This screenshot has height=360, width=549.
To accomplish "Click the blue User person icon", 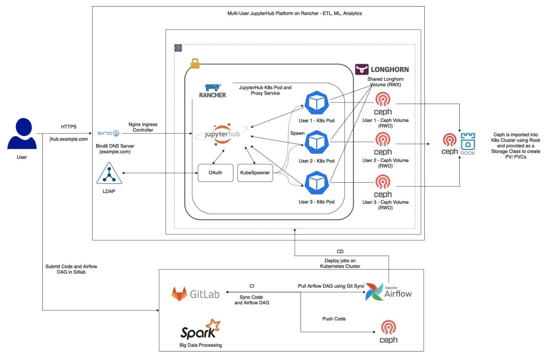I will (22, 134).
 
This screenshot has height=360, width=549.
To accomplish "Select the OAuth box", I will (215, 173).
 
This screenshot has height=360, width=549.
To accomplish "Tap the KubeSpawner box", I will (255, 173).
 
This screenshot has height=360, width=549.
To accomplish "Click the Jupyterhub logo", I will (222, 134).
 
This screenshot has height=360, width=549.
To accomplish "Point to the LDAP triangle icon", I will (109, 174).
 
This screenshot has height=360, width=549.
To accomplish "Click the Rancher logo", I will (213, 91).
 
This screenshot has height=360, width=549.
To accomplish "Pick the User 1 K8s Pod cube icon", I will (317, 103).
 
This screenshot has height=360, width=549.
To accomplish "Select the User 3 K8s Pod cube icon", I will (317, 183).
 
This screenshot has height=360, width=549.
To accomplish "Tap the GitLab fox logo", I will (179, 294).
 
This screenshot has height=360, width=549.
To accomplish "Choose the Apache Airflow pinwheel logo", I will (374, 292).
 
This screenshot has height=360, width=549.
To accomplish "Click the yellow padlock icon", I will (195, 63).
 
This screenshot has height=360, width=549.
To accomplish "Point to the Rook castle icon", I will (468, 142).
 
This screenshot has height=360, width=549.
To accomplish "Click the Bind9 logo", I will (108, 133).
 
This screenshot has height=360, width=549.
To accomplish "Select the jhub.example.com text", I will (69, 139).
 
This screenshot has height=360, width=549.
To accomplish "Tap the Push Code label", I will (334, 319).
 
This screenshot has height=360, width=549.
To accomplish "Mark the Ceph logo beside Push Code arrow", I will (389, 331).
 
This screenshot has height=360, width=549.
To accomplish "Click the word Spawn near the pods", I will (297, 133).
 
